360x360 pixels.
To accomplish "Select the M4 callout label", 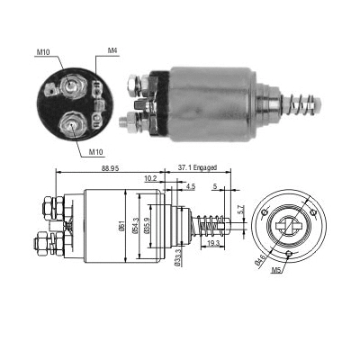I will tap(112, 50).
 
